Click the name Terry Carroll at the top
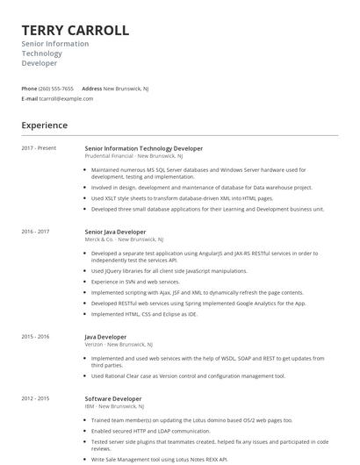click(75, 31)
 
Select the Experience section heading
click(44, 125)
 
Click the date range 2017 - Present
click(39, 148)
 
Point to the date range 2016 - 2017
click(35, 232)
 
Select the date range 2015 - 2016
click(35, 337)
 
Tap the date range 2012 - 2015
click(35, 398)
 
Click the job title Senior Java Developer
click(115, 232)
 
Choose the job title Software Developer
click(112, 398)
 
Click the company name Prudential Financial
click(111, 155)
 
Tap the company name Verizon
click(94, 344)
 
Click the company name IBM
click(89, 405)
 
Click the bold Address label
click(91, 89)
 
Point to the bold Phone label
click(29, 89)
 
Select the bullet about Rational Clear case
click(188, 376)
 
